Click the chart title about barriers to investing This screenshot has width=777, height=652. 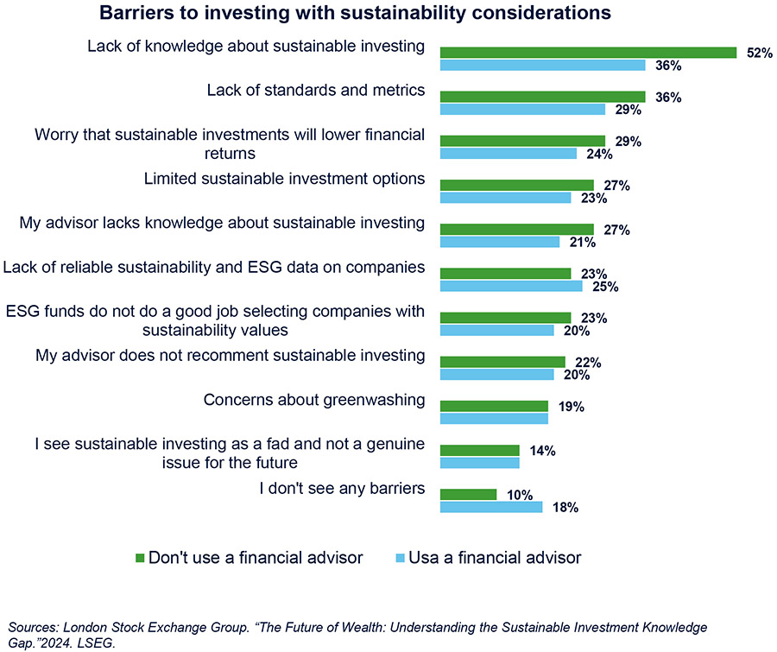pyautogui.click(x=356, y=13)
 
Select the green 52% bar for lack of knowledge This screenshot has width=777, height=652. pyautogui.click(x=587, y=53)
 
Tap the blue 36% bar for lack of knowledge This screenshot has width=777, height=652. pyautogui.click(x=542, y=65)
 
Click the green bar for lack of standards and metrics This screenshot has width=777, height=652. pyautogui.click(x=542, y=97)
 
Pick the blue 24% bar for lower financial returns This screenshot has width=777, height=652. pyautogui.click(x=508, y=154)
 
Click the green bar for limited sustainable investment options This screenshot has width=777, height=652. pyautogui.click(x=516, y=186)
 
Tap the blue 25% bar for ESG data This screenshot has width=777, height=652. pyautogui.click(x=511, y=286)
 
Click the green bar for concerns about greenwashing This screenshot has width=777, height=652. pyautogui.click(x=494, y=406)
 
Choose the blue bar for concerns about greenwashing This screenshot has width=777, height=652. pyautogui.click(x=494, y=419)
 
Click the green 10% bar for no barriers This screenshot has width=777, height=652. pyautogui.click(x=468, y=495)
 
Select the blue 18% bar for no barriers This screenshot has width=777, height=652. pyautogui.click(x=491, y=507)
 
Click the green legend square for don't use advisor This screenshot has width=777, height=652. pyautogui.click(x=142, y=558)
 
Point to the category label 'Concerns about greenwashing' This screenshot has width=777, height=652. pyautogui.click(x=314, y=400)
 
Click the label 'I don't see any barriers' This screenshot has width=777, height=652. pyautogui.click(x=342, y=489)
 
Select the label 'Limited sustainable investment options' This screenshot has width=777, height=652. pyautogui.click(x=283, y=179)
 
